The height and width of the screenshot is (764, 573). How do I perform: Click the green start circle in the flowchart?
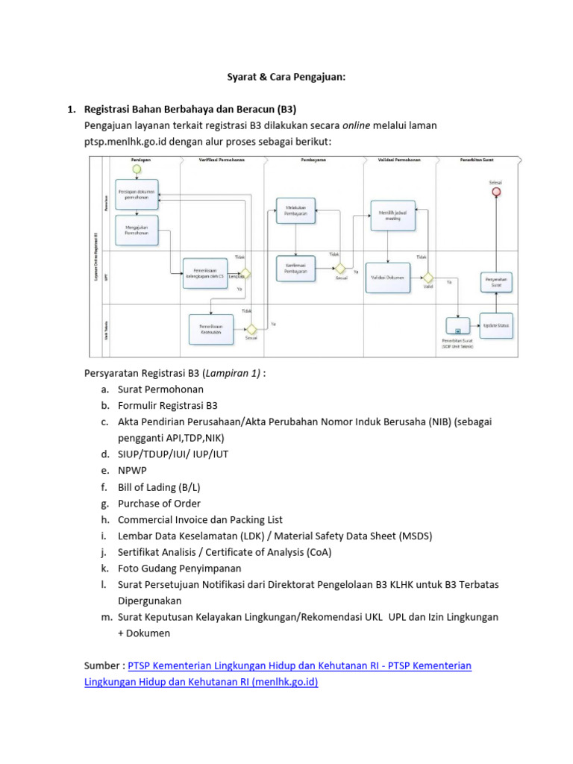point(137,169)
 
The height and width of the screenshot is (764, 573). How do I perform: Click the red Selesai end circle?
point(493,192)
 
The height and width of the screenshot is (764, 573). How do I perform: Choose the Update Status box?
point(495,325)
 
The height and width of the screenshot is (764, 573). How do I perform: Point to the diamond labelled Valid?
point(428,277)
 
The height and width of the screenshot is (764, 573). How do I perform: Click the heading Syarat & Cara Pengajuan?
point(286,76)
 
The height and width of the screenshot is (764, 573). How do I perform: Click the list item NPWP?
point(131,471)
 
